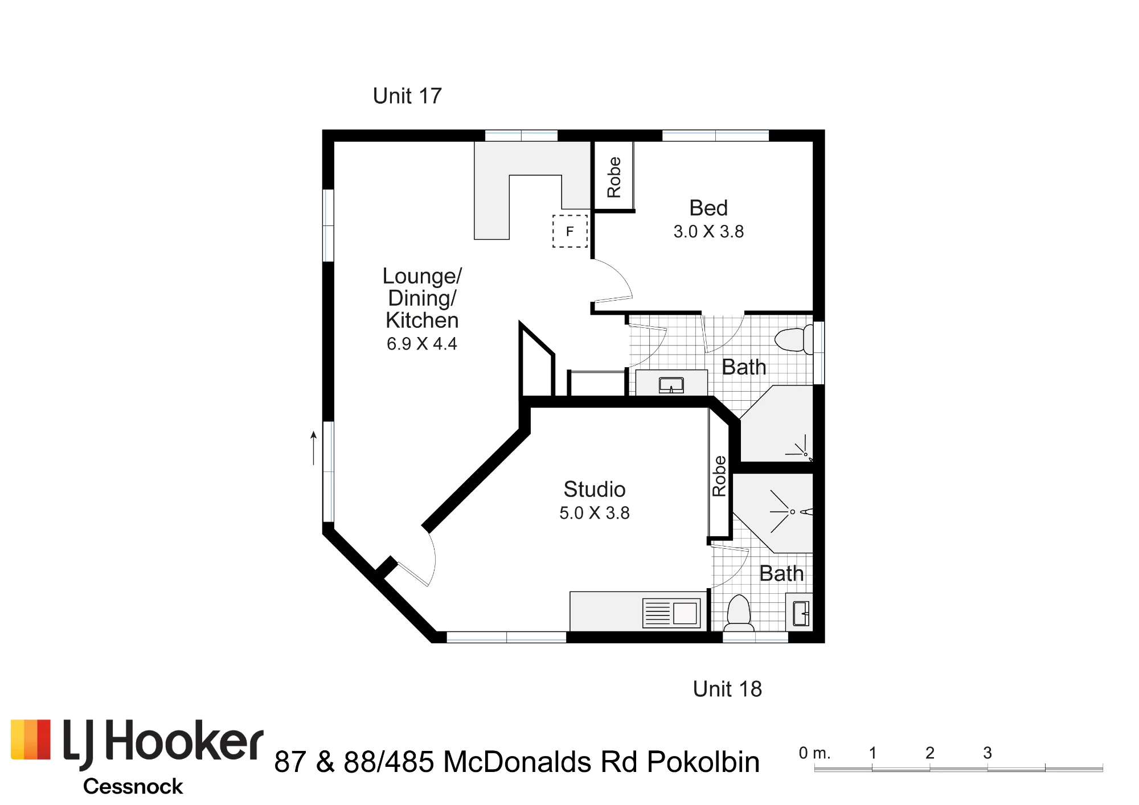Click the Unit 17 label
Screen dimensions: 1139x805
coord(407,96)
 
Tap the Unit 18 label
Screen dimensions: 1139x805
coord(727,689)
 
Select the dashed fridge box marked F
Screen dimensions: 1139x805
coord(570,231)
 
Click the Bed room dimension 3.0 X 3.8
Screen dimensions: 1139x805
coord(708,232)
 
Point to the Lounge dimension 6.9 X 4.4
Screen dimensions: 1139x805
coord(422,344)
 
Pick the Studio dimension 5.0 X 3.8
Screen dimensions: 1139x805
coord(595,513)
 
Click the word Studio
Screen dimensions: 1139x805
coord(595,489)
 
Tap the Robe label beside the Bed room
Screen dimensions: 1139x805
coord(614,178)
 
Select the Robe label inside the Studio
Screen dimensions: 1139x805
coord(719,477)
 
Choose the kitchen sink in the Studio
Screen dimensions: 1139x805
coord(671,613)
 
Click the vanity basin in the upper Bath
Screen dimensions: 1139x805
coord(671,385)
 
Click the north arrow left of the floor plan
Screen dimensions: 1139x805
coord(313,448)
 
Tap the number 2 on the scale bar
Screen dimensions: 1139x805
coord(930,753)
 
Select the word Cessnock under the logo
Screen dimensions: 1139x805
coord(133,786)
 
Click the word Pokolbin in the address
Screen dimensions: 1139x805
coord(703,762)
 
